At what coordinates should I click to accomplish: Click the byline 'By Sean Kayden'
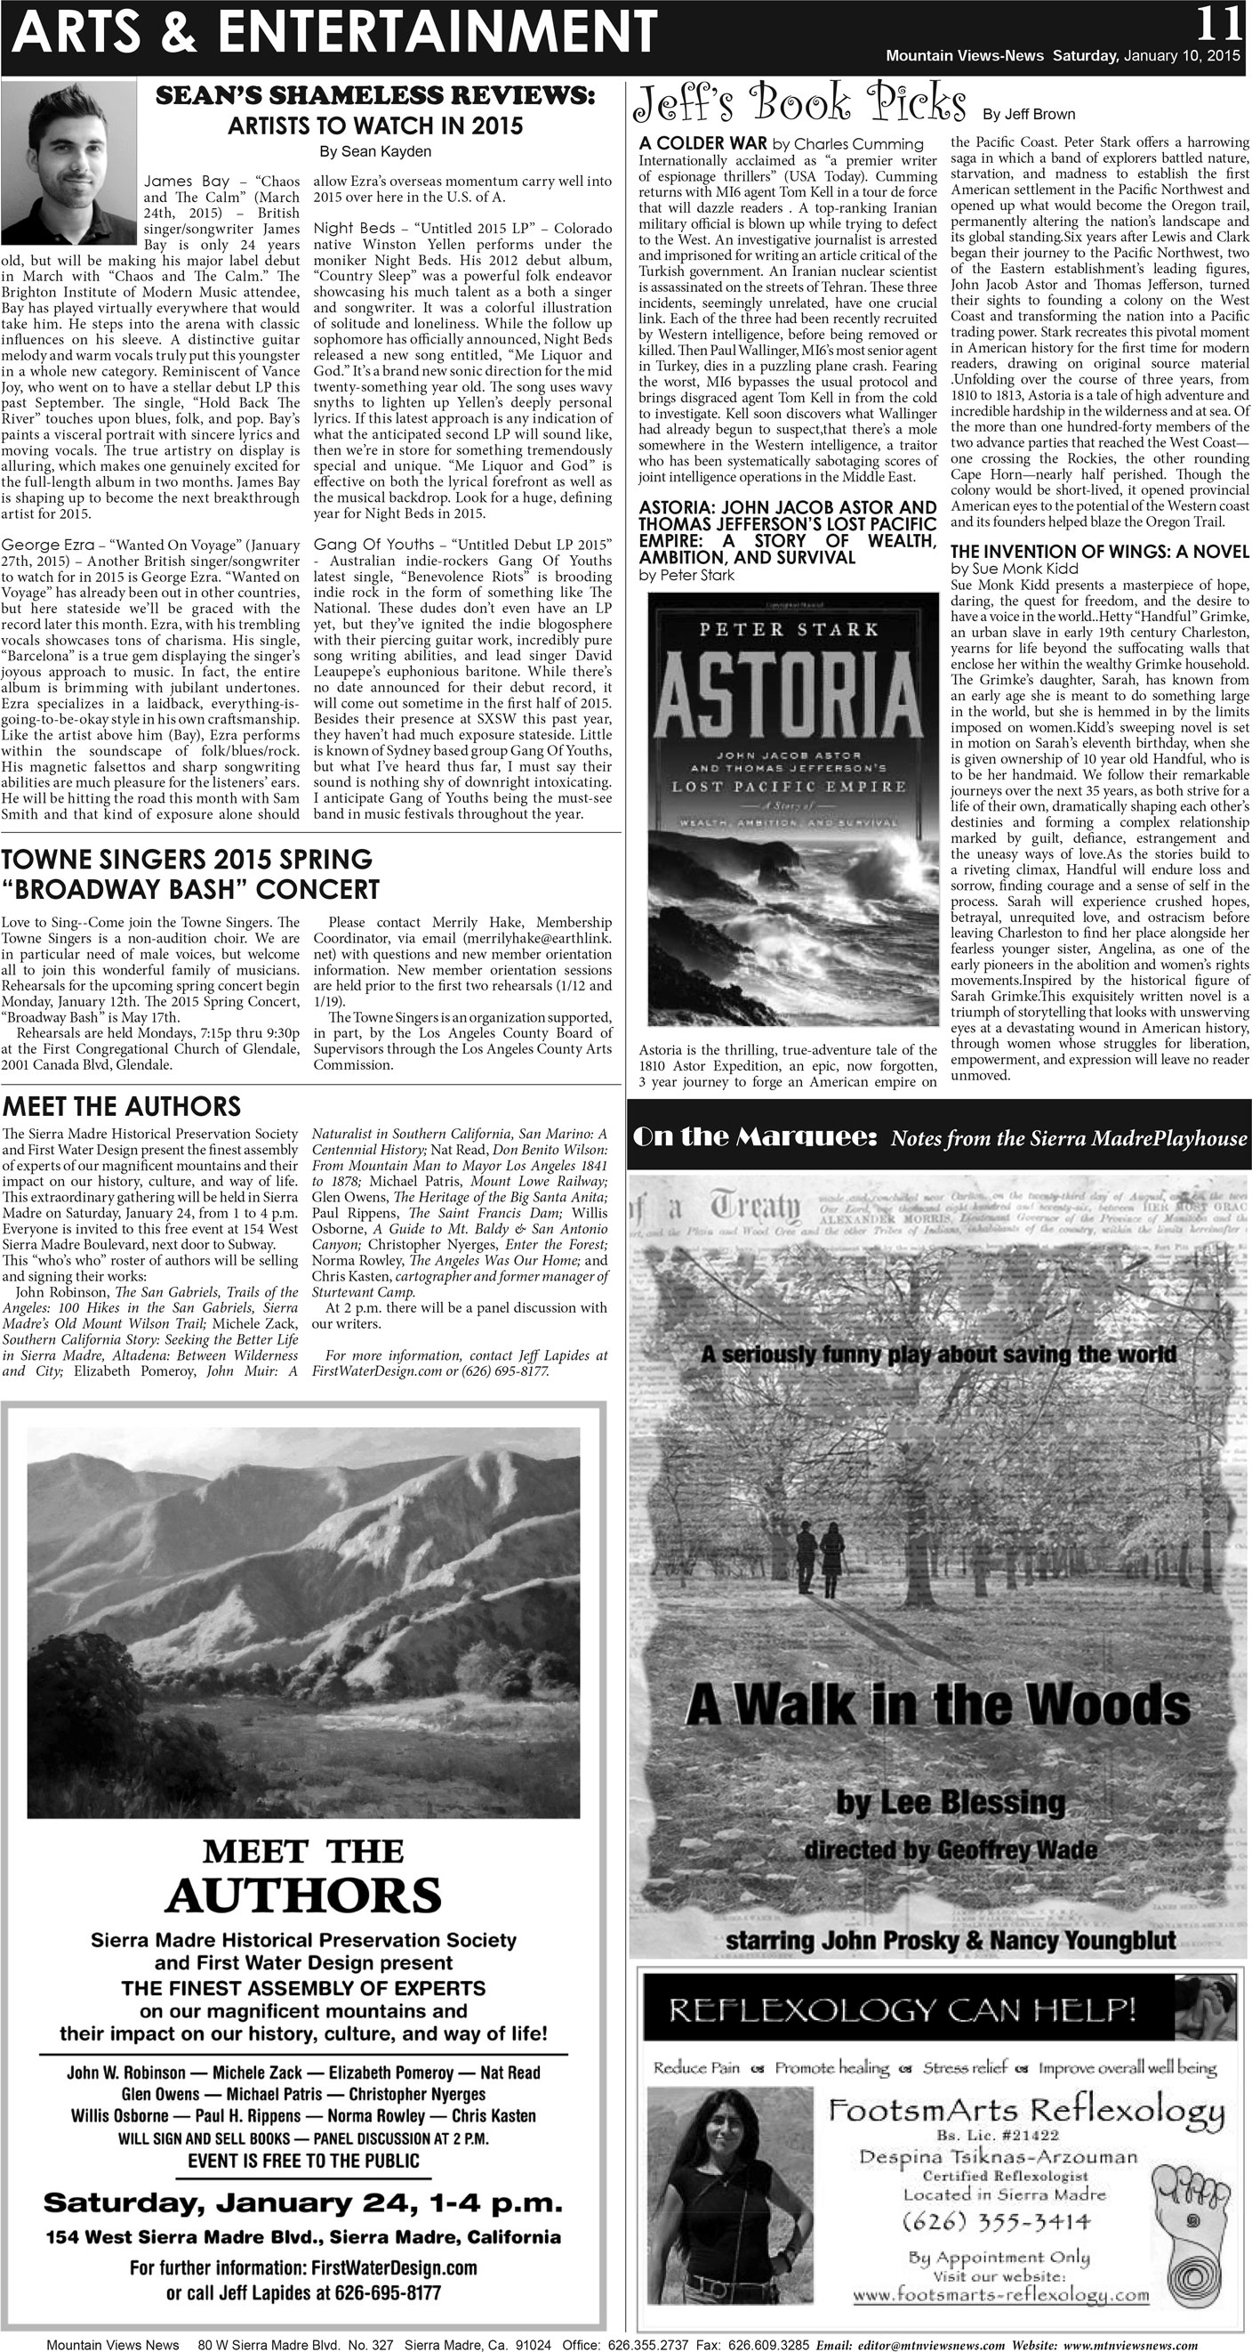pos(375,151)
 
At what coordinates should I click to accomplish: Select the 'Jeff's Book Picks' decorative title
pos(799,103)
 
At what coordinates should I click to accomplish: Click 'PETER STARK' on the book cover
pos(789,629)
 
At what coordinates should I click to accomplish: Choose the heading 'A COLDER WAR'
pos(702,143)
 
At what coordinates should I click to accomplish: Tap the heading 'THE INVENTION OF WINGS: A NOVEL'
pos(1099,552)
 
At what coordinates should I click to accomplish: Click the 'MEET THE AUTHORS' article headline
pos(121,1107)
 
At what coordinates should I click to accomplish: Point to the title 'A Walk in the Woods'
pos(937,1705)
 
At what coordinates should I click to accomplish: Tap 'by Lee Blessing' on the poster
pos(950,1802)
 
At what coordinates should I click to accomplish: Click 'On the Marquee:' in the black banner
pos(755,1137)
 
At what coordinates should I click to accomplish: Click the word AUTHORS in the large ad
pos(303,1895)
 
